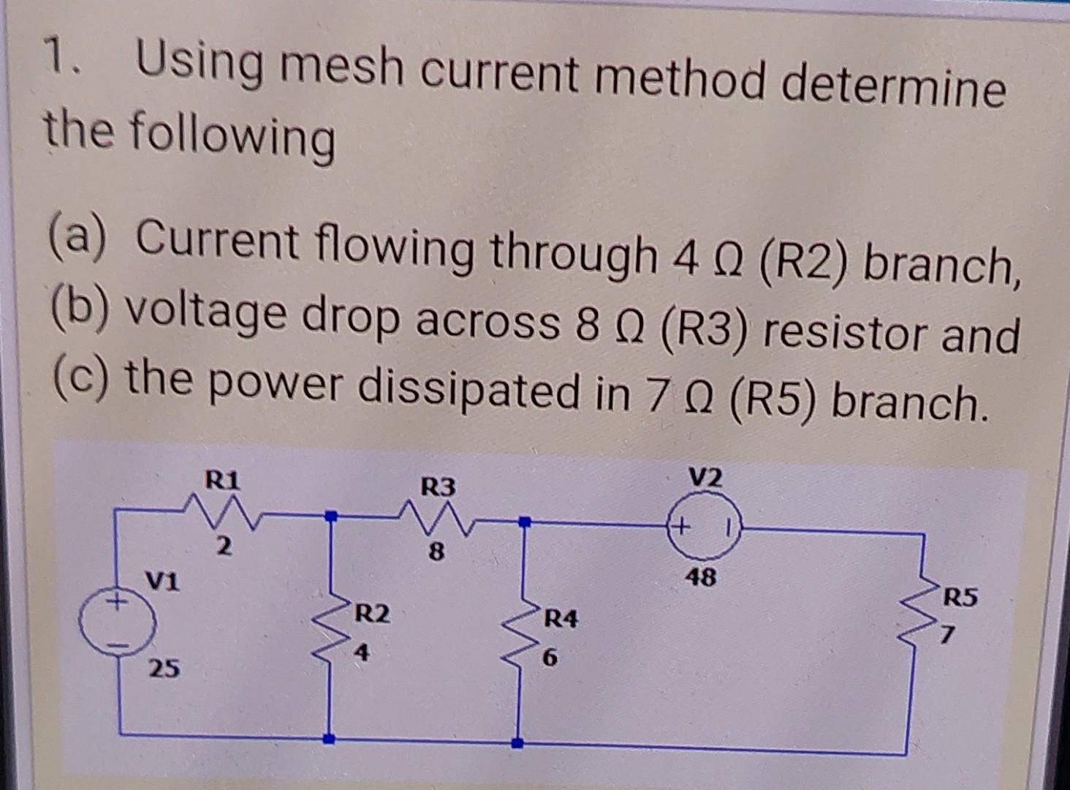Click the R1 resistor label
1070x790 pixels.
(222, 481)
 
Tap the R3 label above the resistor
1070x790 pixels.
(438, 486)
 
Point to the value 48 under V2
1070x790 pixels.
(701, 578)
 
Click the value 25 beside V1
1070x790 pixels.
(164, 668)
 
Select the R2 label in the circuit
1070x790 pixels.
(372, 614)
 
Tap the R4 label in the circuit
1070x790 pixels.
(560, 620)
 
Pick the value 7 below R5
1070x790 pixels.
(947, 638)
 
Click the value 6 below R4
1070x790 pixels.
(550, 658)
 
